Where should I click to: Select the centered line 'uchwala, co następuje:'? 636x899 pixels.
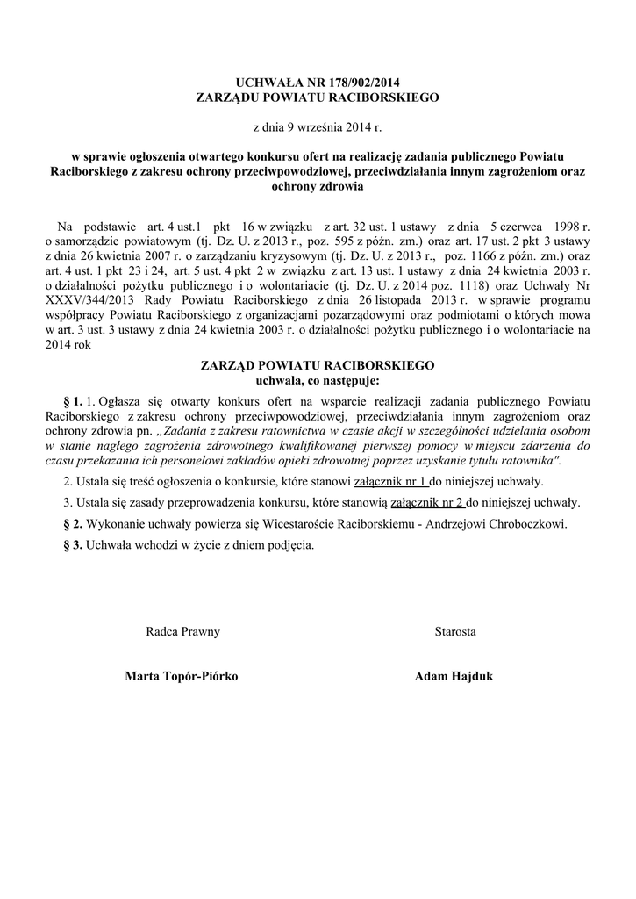point(318,380)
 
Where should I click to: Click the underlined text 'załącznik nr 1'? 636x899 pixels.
point(391,483)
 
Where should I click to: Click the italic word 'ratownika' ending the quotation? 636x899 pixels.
point(527,460)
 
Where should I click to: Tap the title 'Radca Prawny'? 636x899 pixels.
point(182,631)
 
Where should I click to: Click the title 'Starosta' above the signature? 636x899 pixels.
point(455,631)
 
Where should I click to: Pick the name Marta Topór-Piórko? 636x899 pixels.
point(182,676)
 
